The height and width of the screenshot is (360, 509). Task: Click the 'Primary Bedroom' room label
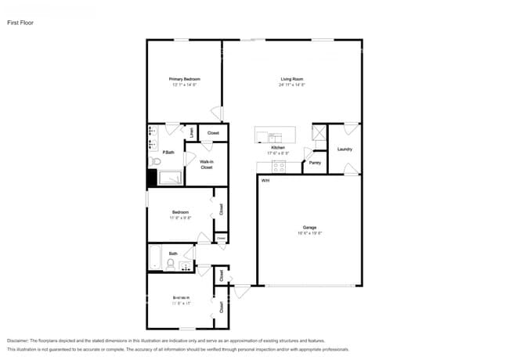(x=186, y=79)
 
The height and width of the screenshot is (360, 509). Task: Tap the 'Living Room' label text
(x=292, y=79)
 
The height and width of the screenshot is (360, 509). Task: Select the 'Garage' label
(x=310, y=228)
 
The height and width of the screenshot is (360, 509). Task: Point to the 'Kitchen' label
(x=277, y=147)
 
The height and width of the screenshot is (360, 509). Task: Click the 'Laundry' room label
(x=345, y=149)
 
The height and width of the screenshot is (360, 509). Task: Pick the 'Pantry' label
(x=315, y=163)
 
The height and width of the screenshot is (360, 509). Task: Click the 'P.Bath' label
(x=168, y=152)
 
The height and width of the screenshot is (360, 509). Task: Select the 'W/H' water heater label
(x=265, y=180)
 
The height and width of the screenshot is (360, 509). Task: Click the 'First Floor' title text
(x=21, y=23)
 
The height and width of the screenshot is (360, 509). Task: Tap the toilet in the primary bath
(x=155, y=161)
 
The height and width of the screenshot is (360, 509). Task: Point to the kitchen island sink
(x=262, y=136)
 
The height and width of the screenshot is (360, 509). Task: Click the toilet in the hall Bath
(x=170, y=265)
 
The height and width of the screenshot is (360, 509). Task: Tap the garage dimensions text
(x=310, y=234)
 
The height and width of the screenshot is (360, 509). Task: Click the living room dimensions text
(x=292, y=85)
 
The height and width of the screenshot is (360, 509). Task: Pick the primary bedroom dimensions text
(x=186, y=85)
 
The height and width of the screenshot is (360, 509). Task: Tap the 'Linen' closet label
(x=192, y=133)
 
